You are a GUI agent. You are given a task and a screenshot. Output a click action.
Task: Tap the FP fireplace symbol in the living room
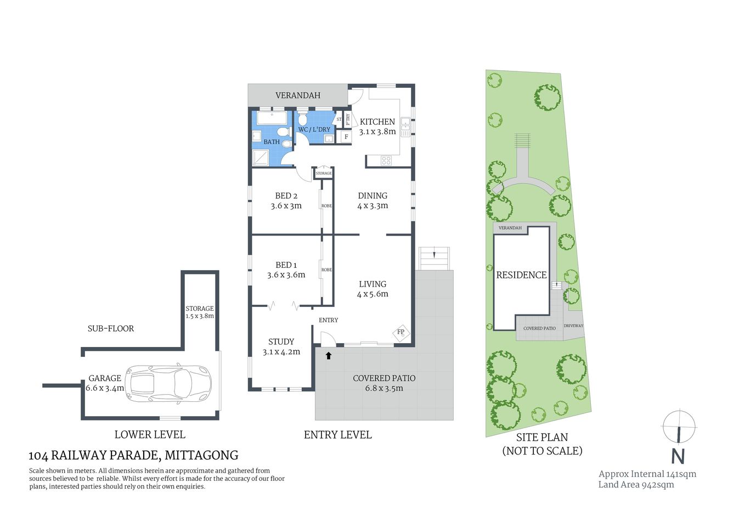400,332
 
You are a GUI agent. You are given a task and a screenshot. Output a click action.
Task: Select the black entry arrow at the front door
329,355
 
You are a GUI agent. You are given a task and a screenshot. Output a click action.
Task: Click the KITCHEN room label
377,122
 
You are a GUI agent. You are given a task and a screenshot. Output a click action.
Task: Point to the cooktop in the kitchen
386,160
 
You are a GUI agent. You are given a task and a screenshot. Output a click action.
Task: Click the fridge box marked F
346,137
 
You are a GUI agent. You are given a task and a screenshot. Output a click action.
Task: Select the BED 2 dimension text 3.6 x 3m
286,206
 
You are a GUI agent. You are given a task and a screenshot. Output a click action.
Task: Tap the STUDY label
281,341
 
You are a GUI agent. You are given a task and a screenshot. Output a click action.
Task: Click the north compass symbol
679,427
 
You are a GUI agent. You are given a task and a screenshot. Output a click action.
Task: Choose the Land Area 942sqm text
636,484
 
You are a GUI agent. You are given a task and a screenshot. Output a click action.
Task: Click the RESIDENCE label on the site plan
521,275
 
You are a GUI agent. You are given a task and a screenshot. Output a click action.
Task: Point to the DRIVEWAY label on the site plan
573,326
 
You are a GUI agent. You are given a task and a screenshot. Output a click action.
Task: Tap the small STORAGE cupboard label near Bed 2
324,173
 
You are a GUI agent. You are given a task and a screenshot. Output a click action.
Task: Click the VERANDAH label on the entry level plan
297,96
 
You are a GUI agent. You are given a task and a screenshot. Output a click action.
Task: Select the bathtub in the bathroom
272,119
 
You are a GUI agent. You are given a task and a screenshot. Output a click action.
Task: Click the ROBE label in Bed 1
326,270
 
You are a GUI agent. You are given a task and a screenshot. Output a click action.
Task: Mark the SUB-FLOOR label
111,328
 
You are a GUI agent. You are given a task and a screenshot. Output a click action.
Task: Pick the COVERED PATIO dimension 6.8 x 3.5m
384,388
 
